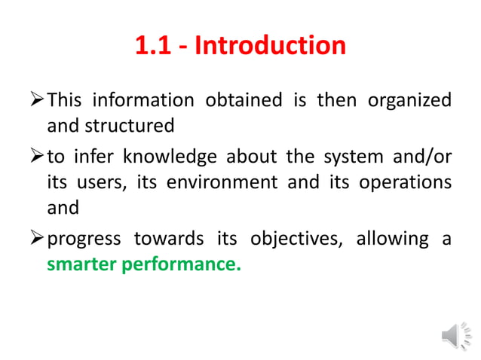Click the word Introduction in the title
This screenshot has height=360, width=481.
[270, 46]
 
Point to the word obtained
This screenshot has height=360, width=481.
[236, 100]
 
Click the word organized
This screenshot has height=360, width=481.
[410, 100]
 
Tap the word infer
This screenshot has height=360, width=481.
[93, 158]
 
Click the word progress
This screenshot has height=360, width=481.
[84, 239]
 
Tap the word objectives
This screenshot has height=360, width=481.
[284, 239]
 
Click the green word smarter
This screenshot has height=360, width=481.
[81, 264]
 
